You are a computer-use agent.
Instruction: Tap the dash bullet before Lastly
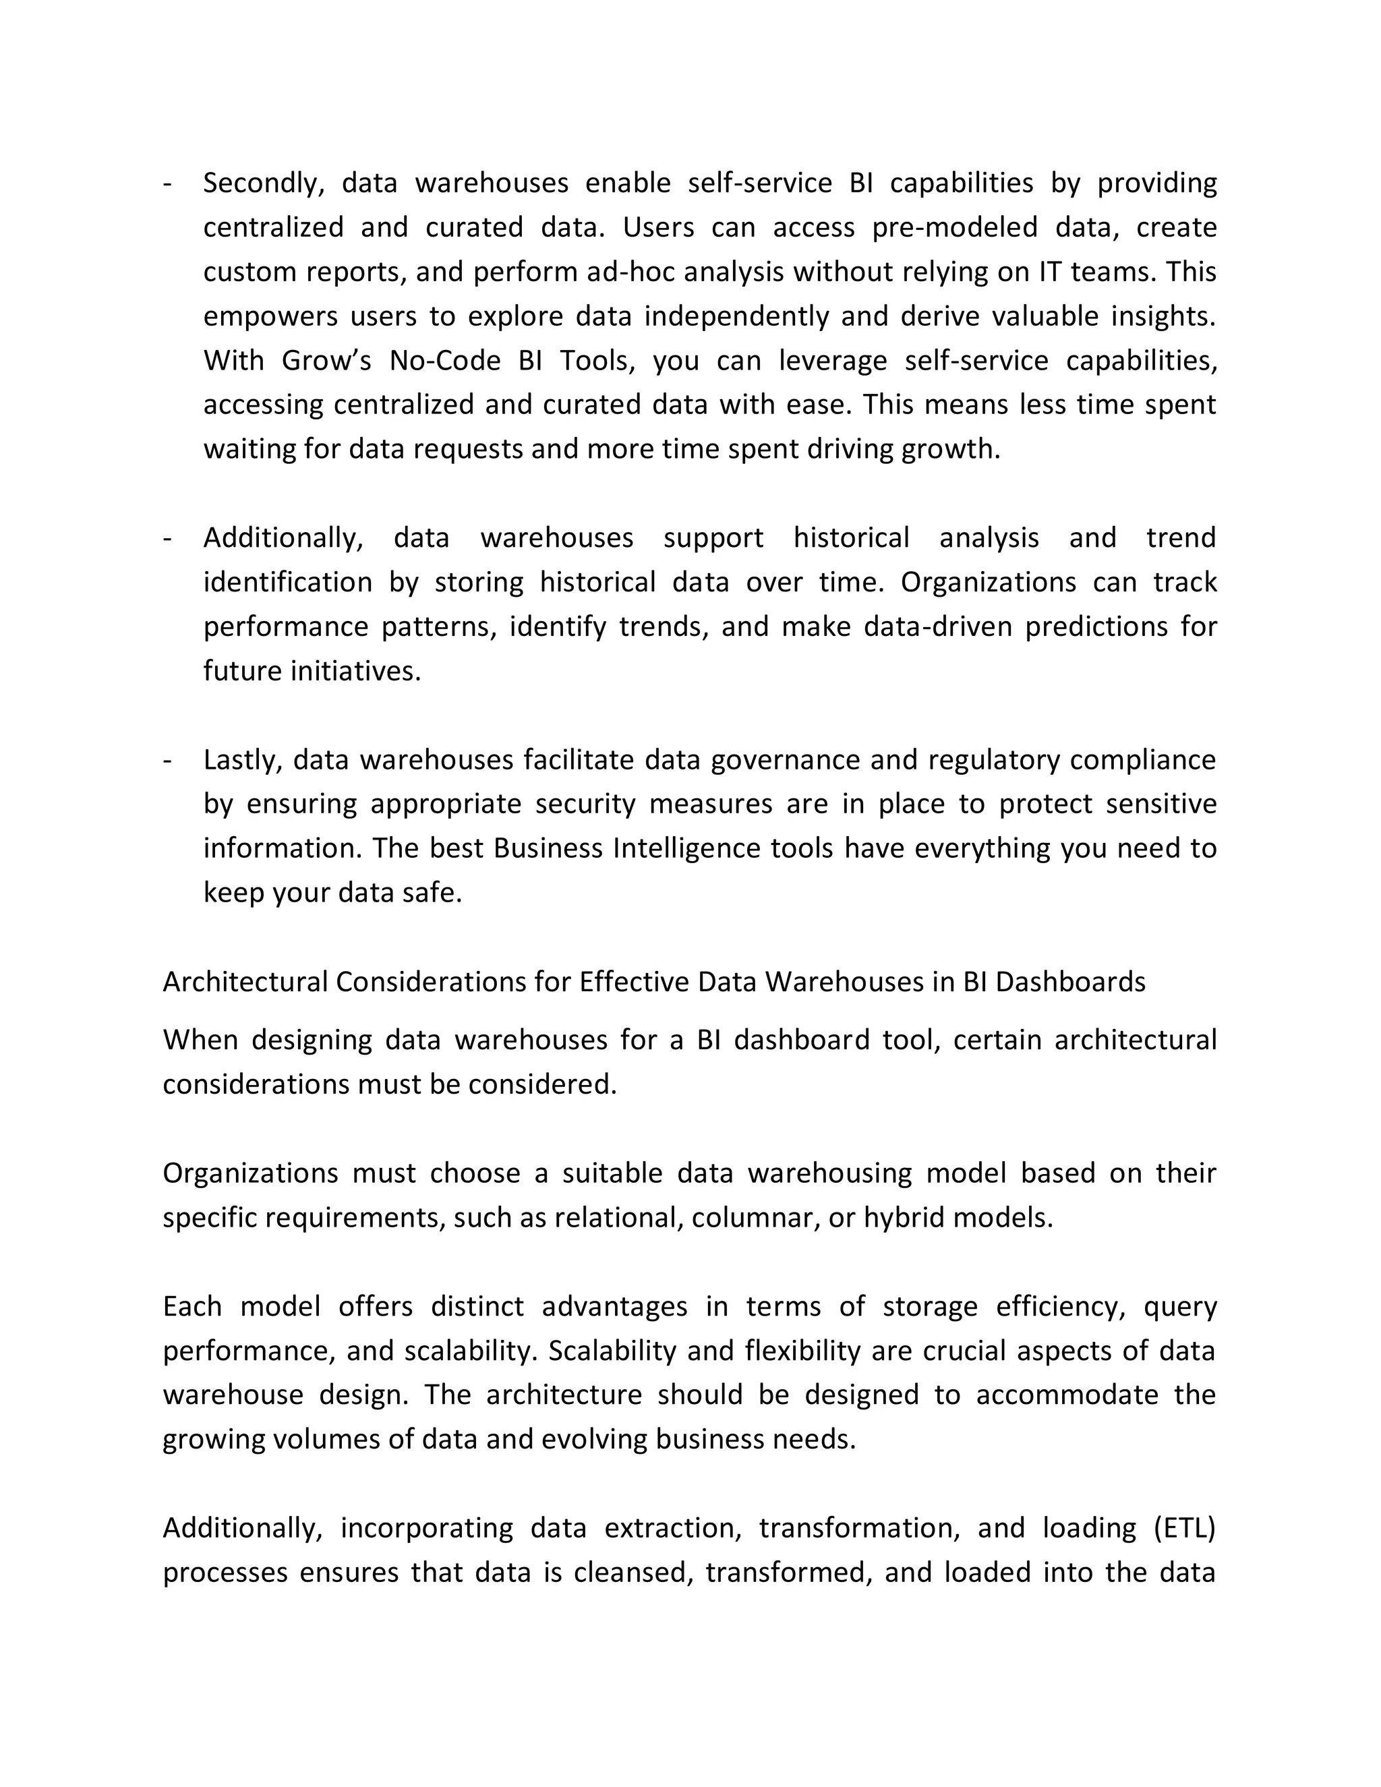(168, 760)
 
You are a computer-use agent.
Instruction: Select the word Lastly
(242, 760)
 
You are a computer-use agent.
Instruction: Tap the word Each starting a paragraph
(192, 1307)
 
